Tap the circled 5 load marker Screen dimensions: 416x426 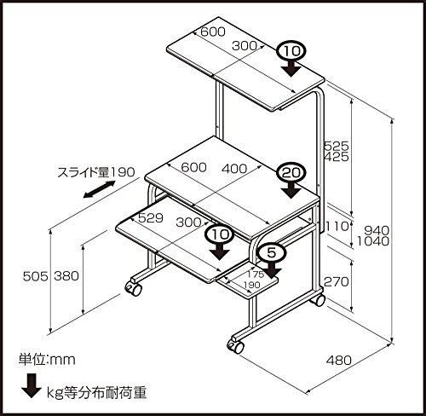(270, 252)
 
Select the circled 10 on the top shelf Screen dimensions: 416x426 (291, 53)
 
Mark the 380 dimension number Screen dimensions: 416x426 (66, 275)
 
